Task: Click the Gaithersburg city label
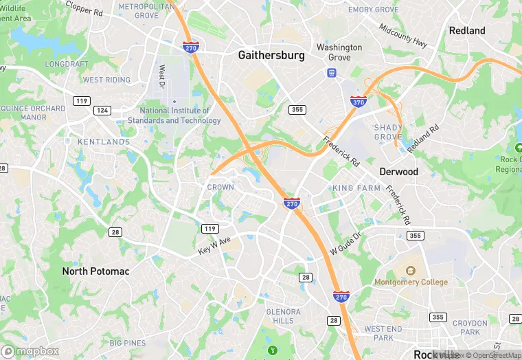pyautogui.click(x=271, y=56)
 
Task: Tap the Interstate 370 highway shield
pyautogui.click(x=357, y=102)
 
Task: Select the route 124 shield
pyautogui.click(x=102, y=110)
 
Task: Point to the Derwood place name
pyautogui.click(x=398, y=172)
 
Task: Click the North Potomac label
pyautogui.click(x=95, y=271)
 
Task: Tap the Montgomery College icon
pyautogui.click(x=411, y=270)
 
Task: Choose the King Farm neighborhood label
pyautogui.click(x=356, y=188)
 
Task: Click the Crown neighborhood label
pyautogui.click(x=220, y=187)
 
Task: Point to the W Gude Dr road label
pyautogui.click(x=345, y=243)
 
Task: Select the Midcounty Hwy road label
pyautogui.click(x=403, y=35)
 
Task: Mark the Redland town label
pyautogui.click(x=467, y=30)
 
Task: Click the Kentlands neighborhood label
pyautogui.click(x=104, y=142)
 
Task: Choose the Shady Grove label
pyautogui.click(x=388, y=132)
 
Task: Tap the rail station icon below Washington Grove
pyautogui.click(x=331, y=73)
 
